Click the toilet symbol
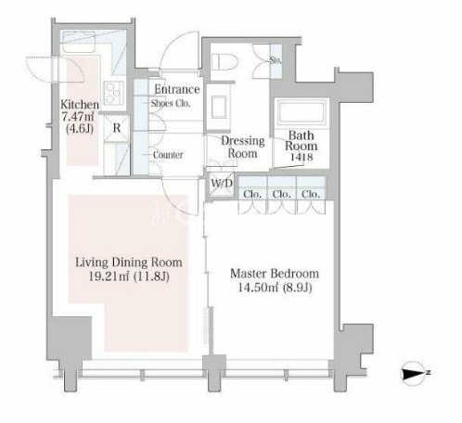click(x=225, y=62)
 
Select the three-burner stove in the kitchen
click(x=114, y=93)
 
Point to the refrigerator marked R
click(x=116, y=128)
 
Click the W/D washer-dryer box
click(x=222, y=185)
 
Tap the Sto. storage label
click(x=276, y=60)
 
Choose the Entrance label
click(x=177, y=89)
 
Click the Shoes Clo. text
click(x=171, y=104)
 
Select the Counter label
click(x=168, y=155)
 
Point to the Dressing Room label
click(x=243, y=147)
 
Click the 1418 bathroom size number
click(x=302, y=157)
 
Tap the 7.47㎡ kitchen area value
click(x=78, y=117)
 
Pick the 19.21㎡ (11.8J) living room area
click(x=129, y=276)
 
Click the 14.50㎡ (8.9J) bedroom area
click(x=275, y=288)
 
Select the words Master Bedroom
click(x=275, y=274)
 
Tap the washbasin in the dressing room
click(x=219, y=107)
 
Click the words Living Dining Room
click(x=129, y=263)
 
